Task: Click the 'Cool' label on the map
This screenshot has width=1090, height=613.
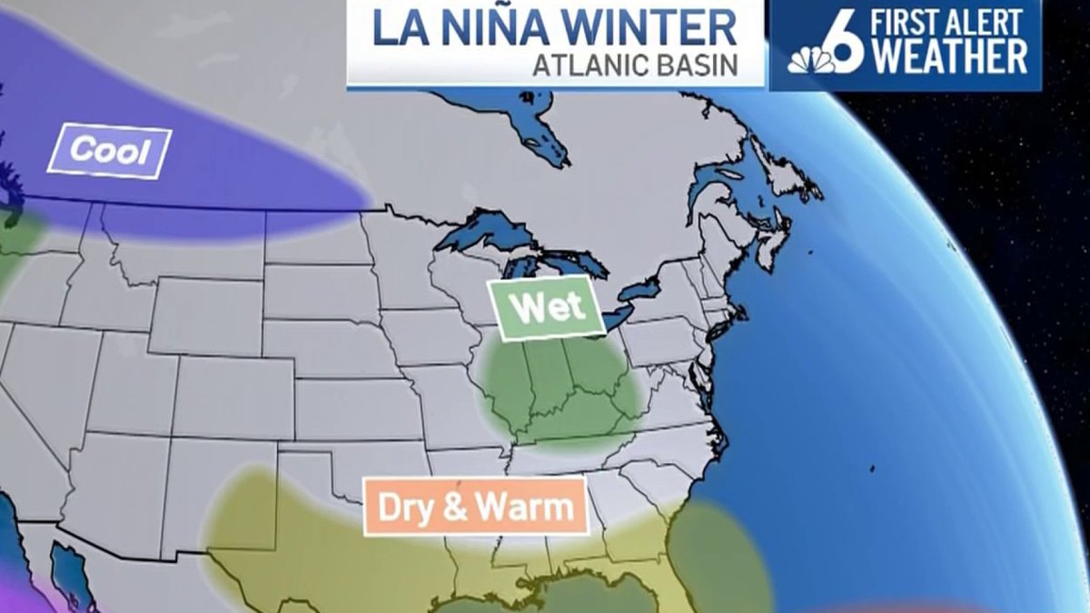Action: pyautogui.click(x=110, y=151)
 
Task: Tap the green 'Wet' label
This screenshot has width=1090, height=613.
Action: pyautogui.click(x=546, y=308)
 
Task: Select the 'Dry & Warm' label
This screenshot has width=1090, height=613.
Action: pyautogui.click(x=475, y=506)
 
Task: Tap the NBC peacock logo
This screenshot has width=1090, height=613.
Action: pyautogui.click(x=810, y=59)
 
